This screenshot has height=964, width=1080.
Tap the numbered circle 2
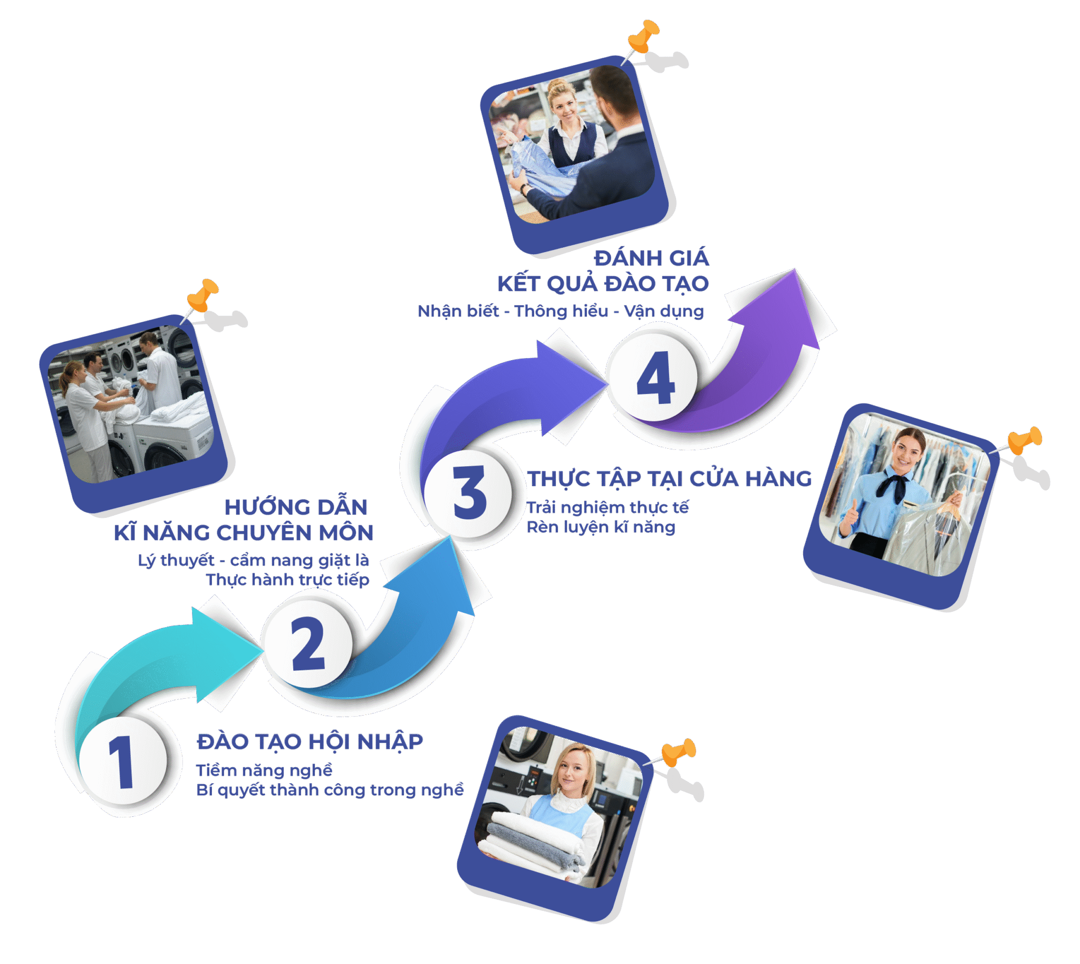(308, 644)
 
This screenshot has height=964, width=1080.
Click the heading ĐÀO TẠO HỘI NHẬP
(310, 741)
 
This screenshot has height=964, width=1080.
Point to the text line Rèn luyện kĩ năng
(601, 527)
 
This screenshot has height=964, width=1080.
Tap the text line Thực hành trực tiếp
(287, 580)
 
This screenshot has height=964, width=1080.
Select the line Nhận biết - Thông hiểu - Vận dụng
(561, 311)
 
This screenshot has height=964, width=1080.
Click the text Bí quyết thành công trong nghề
(330, 790)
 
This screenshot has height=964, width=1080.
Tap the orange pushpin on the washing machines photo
(203, 295)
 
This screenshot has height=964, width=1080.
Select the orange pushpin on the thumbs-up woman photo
(1026, 441)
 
